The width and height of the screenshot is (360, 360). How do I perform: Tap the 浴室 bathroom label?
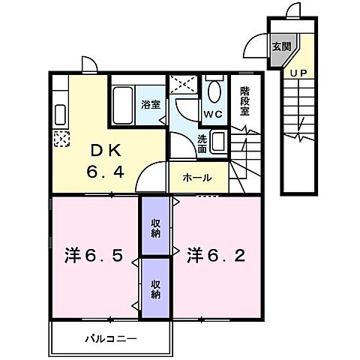pos(151,104)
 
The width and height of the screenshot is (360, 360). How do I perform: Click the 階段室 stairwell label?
pos(244,102)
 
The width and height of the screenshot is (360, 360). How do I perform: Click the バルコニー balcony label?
pos(110,339)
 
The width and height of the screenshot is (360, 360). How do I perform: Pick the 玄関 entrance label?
pos(279,45)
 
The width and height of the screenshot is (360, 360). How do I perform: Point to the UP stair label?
pos(298,73)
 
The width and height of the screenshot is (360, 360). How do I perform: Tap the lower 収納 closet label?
pos(155,289)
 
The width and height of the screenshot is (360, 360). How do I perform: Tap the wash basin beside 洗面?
pos(219,140)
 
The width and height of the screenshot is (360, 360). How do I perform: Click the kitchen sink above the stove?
pos(59,113)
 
